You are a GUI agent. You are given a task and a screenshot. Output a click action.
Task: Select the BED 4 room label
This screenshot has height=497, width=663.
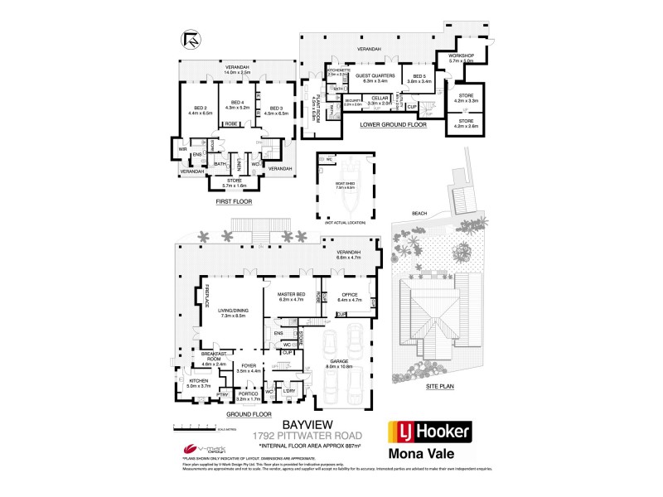pyautogui.click(x=237, y=103)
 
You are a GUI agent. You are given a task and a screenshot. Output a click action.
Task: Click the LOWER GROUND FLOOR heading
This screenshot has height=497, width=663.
pyautogui.click(x=394, y=125)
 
